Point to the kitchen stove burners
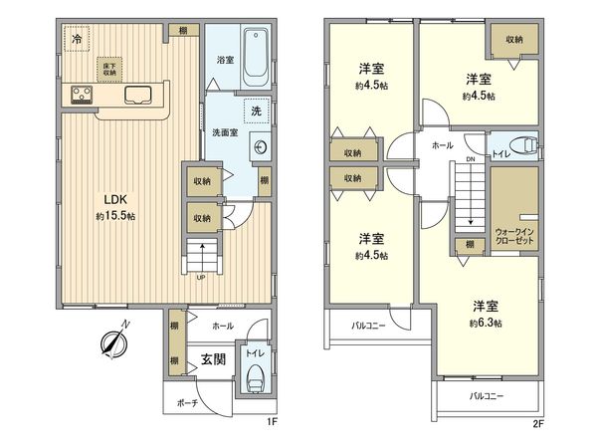(82, 96)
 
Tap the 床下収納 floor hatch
(107, 68)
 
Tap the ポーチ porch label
(188, 403)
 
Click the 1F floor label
(271, 422)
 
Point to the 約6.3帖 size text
(486, 323)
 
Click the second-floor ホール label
(442, 145)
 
